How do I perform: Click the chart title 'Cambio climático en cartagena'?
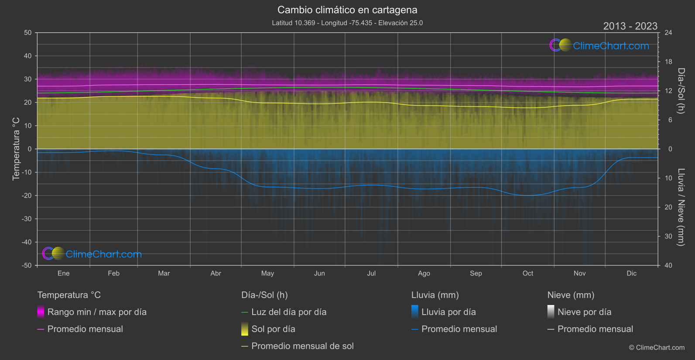347,10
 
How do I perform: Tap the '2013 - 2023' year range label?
630,26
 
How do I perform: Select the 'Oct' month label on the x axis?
527,273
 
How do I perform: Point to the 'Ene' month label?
64,273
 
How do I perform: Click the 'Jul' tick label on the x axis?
371,273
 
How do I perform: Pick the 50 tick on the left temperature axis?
28,33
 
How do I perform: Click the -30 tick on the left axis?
27,219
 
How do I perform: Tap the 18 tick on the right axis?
668,62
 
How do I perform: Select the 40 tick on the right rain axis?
668,265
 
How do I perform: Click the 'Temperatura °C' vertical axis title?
16,148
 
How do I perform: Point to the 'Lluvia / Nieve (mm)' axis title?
681,207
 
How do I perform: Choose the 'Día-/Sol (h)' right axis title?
681,90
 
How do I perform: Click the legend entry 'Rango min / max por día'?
97,312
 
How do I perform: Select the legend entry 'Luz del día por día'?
289,312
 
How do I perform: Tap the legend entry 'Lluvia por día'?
448,312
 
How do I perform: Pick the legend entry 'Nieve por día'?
584,312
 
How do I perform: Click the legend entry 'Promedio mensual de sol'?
302,346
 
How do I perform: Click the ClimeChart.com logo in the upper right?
599,45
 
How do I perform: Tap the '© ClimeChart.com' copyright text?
657,347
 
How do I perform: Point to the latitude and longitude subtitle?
347,23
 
